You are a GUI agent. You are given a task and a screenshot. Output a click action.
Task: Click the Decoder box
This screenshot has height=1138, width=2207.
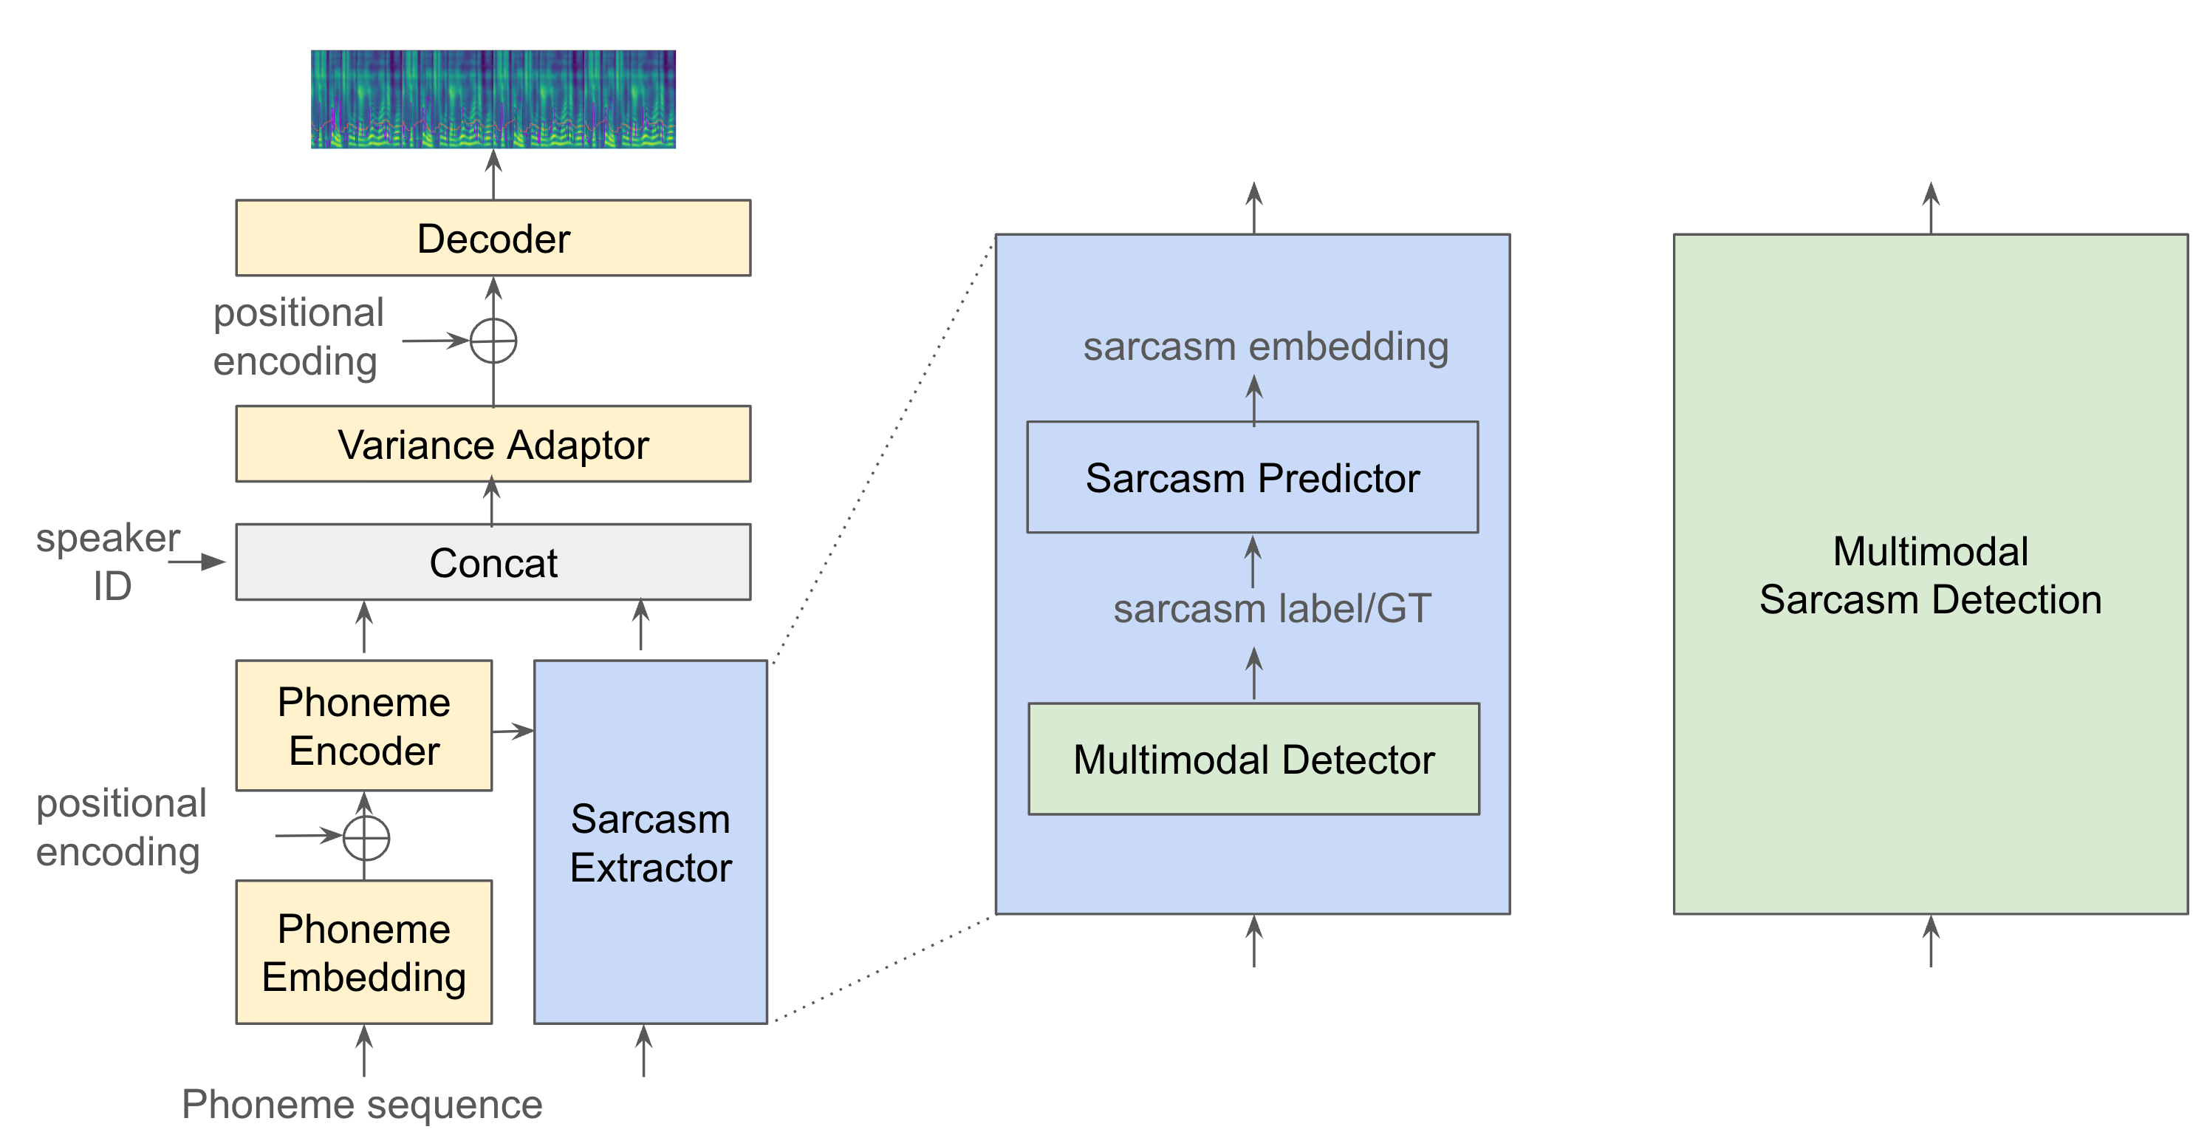pyautogui.click(x=493, y=238)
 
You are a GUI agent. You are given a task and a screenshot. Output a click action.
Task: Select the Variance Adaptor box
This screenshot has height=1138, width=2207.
pyautogui.click(x=493, y=444)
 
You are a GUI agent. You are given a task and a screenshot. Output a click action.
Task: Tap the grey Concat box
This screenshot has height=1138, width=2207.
pyautogui.click(x=493, y=562)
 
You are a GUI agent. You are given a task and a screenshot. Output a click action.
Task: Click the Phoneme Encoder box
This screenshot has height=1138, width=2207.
pyautogui.click(x=363, y=725)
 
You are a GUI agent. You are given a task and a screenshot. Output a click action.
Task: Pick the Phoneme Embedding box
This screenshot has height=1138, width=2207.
pyautogui.click(x=363, y=951)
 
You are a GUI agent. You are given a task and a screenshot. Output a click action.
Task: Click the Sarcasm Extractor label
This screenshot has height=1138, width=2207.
pyautogui.click(x=650, y=842)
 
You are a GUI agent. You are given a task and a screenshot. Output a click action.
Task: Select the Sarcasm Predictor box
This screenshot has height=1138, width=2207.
pyautogui.click(x=1252, y=477)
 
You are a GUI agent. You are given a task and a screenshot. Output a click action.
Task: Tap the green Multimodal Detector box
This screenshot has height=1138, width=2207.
pyautogui.click(x=1253, y=758)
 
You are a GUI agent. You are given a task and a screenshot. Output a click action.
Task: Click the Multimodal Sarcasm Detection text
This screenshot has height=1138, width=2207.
pyautogui.click(x=1929, y=574)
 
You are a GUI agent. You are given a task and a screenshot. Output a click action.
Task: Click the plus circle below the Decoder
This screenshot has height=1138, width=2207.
pyautogui.click(x=493, y=341)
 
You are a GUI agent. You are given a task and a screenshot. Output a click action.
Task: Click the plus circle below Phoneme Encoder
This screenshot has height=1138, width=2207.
pyautogui.click(x=366, y=837)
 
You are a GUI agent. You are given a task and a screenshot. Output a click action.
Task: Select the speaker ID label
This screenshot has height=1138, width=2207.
pyautogui.click(x=109, y=562)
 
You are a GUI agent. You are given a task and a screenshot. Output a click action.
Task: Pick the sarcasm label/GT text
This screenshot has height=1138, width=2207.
pyautogui.click(x=1271, y=608)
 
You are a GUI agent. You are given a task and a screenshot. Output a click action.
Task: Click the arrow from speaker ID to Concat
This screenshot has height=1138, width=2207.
pyautogui.click(x=196, y=562)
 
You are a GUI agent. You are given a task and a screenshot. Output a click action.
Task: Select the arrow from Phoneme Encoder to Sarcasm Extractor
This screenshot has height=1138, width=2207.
pyautogui.click(x=513, y=731)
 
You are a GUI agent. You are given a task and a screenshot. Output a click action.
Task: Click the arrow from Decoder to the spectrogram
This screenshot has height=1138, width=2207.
pyautogui.click(x=493, y=174)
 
